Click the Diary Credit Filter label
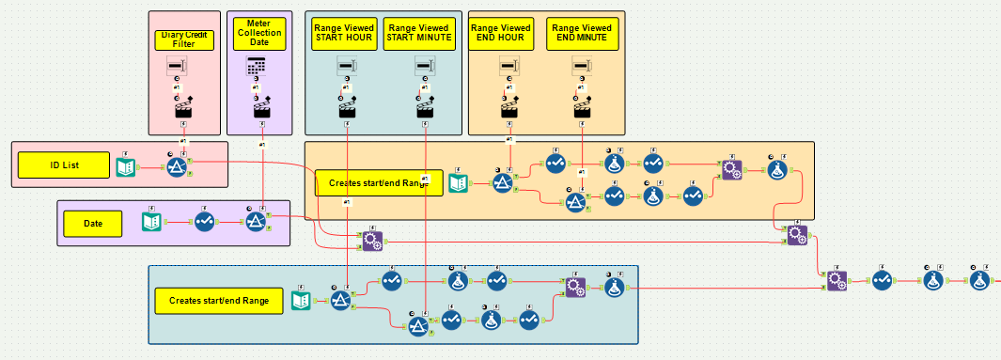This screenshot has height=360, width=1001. (184, 39)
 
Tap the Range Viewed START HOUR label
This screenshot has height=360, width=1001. (344, 35)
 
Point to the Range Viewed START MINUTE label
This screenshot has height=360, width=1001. (419, 35)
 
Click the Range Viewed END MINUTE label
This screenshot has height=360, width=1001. (583, 34)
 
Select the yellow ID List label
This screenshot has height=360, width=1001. (64, 165)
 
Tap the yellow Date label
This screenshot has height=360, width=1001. (93, 224)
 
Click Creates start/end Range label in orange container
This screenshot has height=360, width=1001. (379, 183)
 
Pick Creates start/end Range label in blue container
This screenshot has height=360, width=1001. (219, 301)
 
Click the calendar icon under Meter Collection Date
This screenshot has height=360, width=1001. (258, 66)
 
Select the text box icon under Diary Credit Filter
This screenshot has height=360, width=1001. (178, 66)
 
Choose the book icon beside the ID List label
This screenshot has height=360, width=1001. (125, 166)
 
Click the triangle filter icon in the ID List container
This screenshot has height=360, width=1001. (178, 166)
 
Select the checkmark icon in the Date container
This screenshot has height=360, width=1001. (205, 222)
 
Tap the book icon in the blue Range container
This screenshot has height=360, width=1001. (301, 300)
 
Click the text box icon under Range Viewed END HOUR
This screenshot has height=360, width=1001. (509, 66)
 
